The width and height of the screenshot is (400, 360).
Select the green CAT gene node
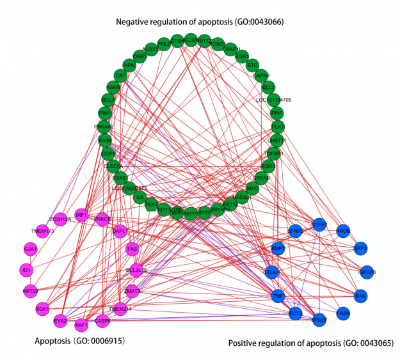click(120, 76)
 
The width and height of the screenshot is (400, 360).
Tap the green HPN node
click(130, 65)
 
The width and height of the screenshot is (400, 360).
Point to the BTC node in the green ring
click(252, 65)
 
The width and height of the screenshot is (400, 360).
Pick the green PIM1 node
click(106, 113)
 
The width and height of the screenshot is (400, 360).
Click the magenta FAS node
click(132, 249)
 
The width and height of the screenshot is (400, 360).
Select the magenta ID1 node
click(26, 270)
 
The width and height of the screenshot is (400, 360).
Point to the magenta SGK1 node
click(42, 309)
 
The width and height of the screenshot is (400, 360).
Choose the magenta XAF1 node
click(81, 325)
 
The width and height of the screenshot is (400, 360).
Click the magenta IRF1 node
click(81, 215)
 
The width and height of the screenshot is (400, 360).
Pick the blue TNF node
click(278, 296)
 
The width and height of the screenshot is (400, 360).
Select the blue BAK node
click(361, 295)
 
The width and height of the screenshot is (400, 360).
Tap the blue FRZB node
click(344, 314)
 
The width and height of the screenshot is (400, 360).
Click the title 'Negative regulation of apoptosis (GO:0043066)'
click(200, 22)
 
